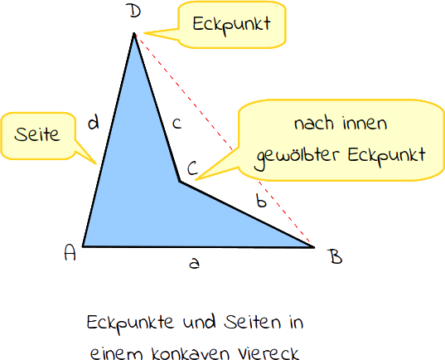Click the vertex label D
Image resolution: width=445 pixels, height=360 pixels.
point(134,12)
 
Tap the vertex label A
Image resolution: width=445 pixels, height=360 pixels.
point(70,252)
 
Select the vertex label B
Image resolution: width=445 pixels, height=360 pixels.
point(336,256)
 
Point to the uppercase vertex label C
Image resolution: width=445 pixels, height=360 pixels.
point(192,168)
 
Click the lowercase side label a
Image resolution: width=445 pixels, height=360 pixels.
point(195,263)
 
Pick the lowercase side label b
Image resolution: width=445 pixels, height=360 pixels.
point(261,200)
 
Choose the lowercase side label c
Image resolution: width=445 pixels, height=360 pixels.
point(177,124)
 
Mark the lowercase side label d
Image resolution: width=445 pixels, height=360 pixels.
point(94,123)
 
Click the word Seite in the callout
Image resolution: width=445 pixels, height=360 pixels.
point(37,134)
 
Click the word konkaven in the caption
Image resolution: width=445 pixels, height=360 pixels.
point(191,353)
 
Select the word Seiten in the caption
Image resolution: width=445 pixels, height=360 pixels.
point(252,322)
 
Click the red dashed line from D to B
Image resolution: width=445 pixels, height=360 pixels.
point(225,140)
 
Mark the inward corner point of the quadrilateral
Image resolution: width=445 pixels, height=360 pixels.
point(180,182)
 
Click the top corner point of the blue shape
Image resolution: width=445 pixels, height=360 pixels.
point(134,33)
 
